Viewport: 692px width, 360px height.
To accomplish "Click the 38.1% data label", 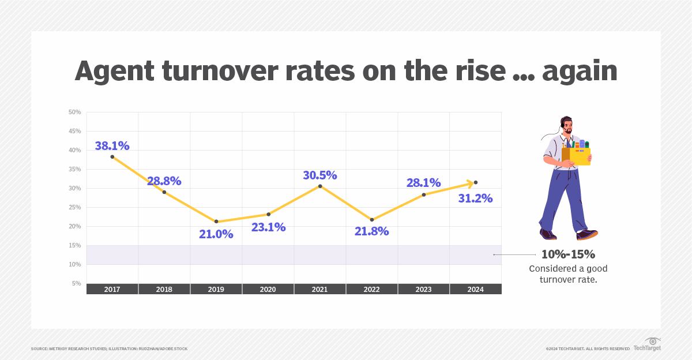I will click(x=112, y=146).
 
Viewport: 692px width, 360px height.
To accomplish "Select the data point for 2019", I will click(x=216, y=222).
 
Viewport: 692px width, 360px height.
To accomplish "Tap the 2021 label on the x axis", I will click(x=320, y=289).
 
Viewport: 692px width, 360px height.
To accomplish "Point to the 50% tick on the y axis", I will click(x=75, y=112).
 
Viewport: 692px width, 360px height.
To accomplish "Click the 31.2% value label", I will click(x=475, y=198).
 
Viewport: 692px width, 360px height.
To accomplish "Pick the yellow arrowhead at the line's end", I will click(x=469, y=183).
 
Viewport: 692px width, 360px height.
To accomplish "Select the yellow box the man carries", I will click(x=580, y=156).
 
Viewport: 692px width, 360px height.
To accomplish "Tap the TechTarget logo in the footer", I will click(x=647, y=345).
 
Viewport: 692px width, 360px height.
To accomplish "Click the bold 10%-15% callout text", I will click(x=568, y=254).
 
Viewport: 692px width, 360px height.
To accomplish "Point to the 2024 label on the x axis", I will click(x=476, y=289).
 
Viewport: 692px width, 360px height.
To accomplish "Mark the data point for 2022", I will click(x=372, y=220).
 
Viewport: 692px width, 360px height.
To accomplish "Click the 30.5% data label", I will click(x=320, y=175).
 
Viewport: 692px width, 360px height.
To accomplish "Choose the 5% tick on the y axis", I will click(x=76, y=283).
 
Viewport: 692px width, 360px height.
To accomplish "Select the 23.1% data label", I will click(x=268, y=227).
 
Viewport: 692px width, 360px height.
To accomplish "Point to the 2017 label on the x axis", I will click(x=112, y=289).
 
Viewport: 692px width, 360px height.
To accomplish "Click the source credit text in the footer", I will click(x=109, y=348).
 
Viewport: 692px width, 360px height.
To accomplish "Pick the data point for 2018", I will click(x=164, y=192).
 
